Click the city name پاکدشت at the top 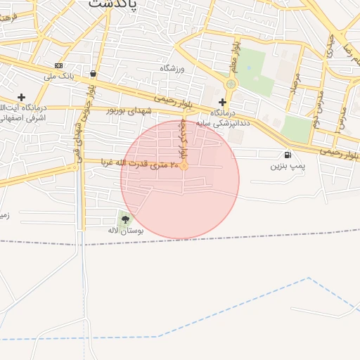(x=114, y=4)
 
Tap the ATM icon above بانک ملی (x=58, y=65)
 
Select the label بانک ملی (x=59, y=75)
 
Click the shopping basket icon (x=94, y=73)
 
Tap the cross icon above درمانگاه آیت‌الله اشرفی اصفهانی (x=21, y=97)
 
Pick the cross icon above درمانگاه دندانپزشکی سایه (x=222, y=102)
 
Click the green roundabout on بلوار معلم (x=231, y=84)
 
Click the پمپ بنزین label (x=287, y=167)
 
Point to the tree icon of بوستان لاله (x=125, y=220)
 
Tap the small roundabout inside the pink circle (x=184, y=167)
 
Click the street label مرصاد (x=295, y=86)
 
